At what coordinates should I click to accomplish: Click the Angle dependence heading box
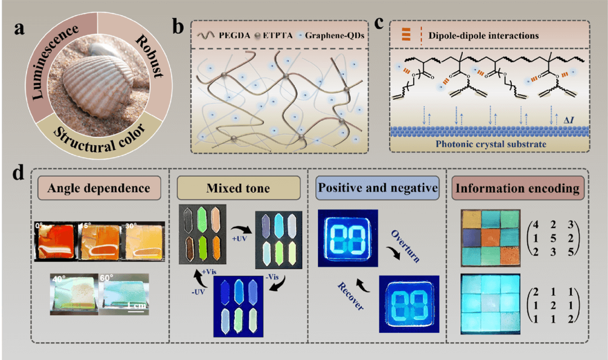pos(99,188)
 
